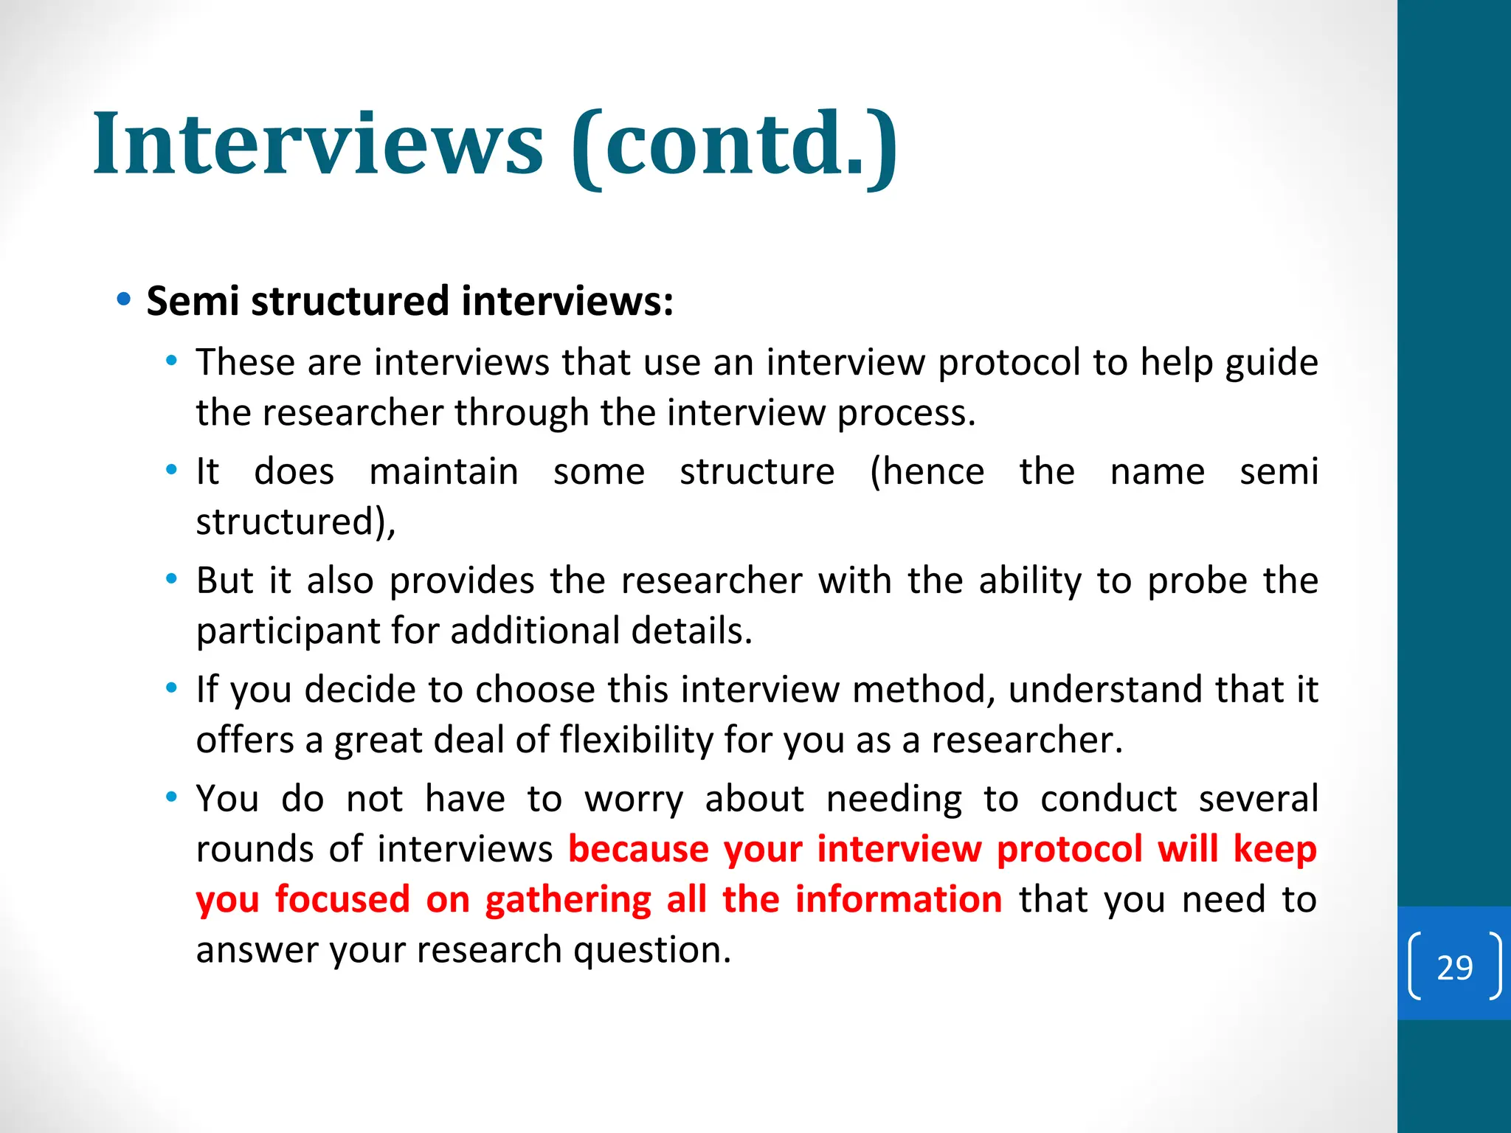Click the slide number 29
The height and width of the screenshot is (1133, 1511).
[x=1454, y=967]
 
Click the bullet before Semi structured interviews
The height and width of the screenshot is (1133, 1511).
[x=124, y=300]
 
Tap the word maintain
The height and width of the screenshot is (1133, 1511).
[x=443, y=471]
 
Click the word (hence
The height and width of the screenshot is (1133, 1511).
[x=927, y=471]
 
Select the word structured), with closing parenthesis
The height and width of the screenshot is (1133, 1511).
[x=296, y=522]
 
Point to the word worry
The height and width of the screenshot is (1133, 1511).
[x=634, y=800]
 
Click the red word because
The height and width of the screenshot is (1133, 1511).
[x=638, y=849]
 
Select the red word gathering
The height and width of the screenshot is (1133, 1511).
[x=567, y=901]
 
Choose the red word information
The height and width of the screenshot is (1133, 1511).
[x=898, y=899]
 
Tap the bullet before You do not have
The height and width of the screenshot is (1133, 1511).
[x=172, y=797]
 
